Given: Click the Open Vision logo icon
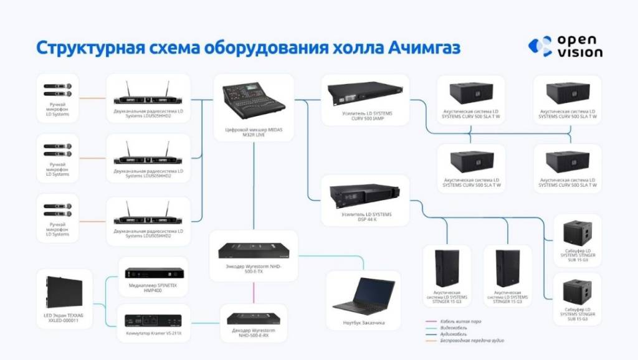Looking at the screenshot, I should coord(540,47).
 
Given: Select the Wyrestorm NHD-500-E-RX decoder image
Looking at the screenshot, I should coord(253,318).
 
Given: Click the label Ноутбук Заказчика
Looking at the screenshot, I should coord(363,323).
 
